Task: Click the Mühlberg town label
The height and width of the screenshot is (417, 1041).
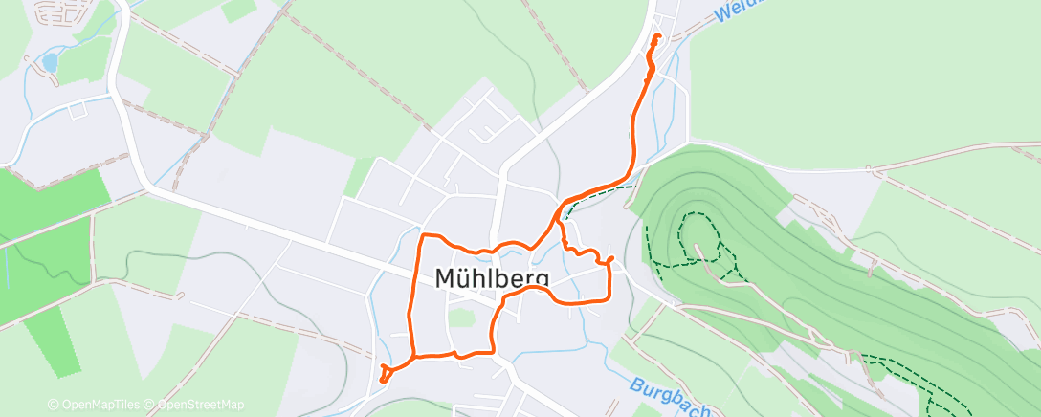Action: (493, 278)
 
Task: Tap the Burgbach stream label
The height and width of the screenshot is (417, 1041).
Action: (671, 395)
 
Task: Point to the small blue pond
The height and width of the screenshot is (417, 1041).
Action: (49, 63)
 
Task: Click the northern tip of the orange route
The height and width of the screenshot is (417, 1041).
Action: (657, 36)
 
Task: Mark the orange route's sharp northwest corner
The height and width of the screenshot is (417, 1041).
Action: (425, 235)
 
